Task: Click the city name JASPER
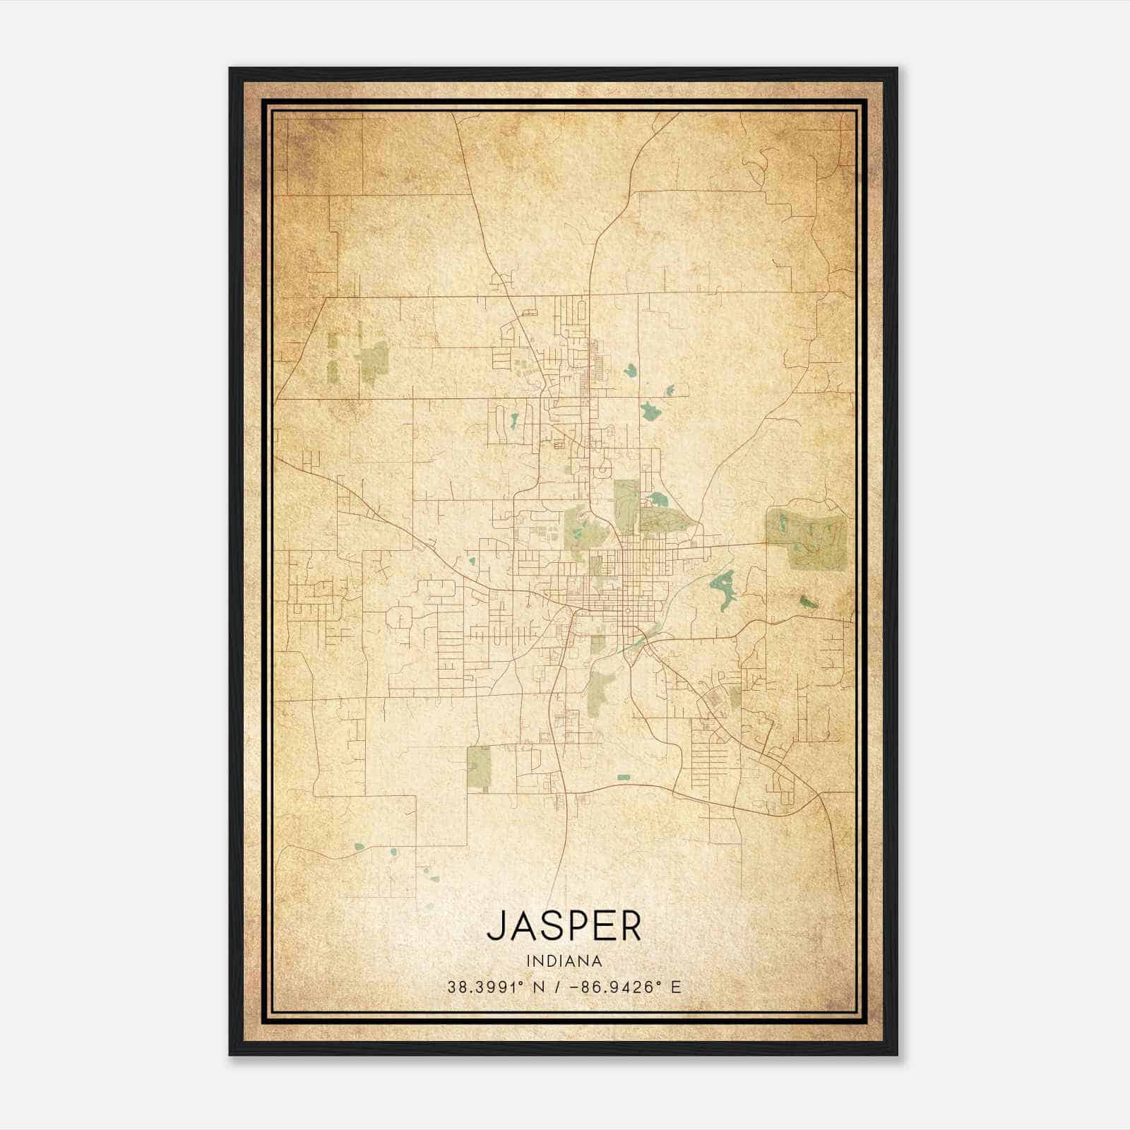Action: (564, 925)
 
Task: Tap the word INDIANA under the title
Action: (564, 961)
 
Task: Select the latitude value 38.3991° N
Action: (494, 987)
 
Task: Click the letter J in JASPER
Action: (495, 925)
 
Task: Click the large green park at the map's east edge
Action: (807, 538)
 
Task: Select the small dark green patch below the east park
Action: (808, 602)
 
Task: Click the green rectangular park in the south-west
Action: (479, 768)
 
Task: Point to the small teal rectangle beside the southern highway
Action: (623, 778)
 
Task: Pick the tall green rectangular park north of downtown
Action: (626, 505)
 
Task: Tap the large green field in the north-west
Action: (374, 362)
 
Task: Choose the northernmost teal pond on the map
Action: (629, 369)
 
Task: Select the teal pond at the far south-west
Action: (359, 846)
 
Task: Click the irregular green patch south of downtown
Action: (601, 689)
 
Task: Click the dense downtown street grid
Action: (633, 579)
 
